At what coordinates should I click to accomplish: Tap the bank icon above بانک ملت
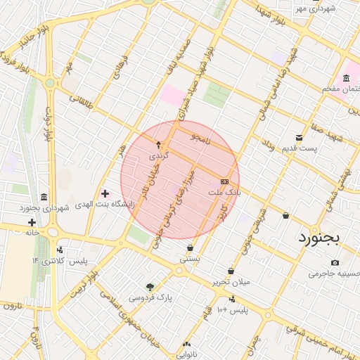(x=224, y=181)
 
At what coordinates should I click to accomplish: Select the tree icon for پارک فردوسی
(x=149, y=286)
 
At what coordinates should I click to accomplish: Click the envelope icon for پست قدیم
(x=300, y=137)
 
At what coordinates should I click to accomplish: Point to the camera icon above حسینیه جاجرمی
(x=334, y=262)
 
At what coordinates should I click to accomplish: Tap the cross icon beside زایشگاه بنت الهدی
(x=105, y=193)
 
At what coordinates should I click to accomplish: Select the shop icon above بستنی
(x=190, y=247)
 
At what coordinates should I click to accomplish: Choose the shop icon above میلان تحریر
(x=231, y=271)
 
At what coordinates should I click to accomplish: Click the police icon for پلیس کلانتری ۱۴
(x=60, y=249)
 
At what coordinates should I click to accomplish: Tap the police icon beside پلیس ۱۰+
(x=232, y=298)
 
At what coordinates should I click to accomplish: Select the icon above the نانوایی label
(x=186, y=344)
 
